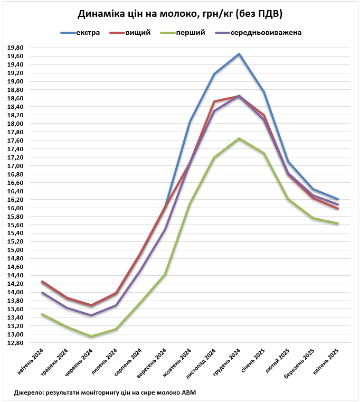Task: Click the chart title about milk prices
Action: pyautogui.click(x=179, y=13)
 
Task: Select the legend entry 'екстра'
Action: pyautogui.click(x=88, y=33)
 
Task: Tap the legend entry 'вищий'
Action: pyautogui.click(x=138, y=33)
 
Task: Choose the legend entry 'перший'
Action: pyautogui.click(x=190, y=33)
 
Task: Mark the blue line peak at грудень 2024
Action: pyautogui.click(x=239, y=54)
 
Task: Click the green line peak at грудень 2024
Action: pyautogui.click(x=239, y=138)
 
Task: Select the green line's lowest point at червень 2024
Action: pyautogui.click(x=91, y=336)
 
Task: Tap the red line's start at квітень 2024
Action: pyautogui.click(x=42, y=282)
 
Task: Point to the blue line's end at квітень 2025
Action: pyautogui.click(x=338, y=199)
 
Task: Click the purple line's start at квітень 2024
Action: pyautogui.click(x=42, y=293)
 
